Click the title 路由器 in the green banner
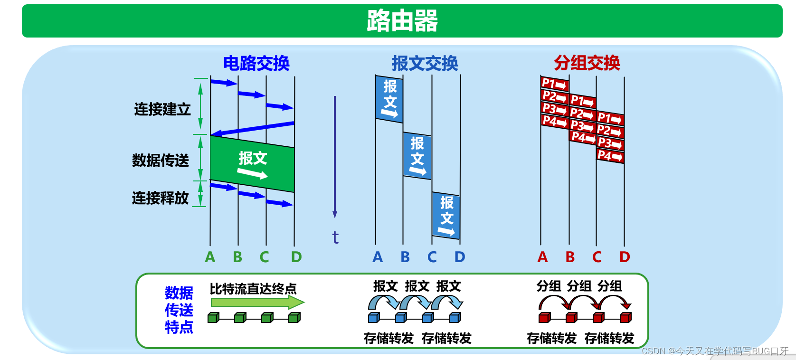(402, 21)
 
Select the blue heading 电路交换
(256, 63)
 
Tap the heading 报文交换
(425, 63)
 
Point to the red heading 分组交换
(587, 63)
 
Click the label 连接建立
(162, 109)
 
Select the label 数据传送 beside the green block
(161, 161)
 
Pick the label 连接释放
(161, 198)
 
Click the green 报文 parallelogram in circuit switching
(252, 164)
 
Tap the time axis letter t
(335, 237)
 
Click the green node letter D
(296, 257)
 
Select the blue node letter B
(405, 257)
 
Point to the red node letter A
(542, 257)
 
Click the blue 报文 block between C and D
(446, 216)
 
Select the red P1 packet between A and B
(555, 84)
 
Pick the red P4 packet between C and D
(610, 156)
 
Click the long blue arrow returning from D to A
(252, 129)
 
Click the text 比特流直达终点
(253, 289)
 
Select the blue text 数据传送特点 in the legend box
(179, 310)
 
